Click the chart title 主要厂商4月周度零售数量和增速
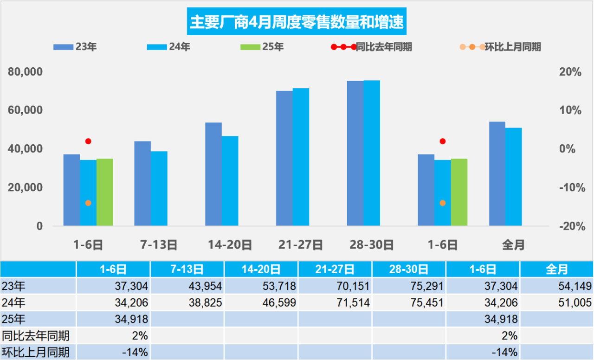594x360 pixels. (297, 22)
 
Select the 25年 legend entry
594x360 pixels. (262, 47)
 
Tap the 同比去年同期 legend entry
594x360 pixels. (372, 47)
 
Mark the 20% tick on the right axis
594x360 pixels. (570, 72)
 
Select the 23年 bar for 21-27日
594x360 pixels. (284, 158)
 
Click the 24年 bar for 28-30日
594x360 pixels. (371, 153)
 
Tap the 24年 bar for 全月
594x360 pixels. (513, 177)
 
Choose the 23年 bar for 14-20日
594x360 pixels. (213, 174)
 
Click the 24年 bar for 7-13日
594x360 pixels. (159, 188)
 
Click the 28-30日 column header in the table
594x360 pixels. (408, 269)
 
